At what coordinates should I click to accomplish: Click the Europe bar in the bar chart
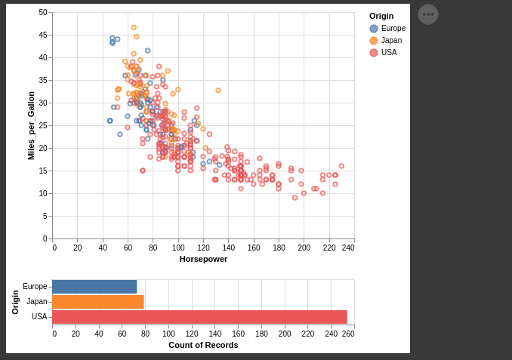[94, 287]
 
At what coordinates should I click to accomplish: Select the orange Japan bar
[98, 302]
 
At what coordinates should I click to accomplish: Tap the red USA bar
[199, 317]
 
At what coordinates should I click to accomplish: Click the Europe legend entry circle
[374, 29]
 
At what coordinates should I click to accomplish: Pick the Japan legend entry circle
[374, 41]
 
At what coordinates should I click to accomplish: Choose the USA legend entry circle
[374, 53]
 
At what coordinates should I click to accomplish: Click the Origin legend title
[381, 16]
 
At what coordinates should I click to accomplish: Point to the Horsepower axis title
[203, 259]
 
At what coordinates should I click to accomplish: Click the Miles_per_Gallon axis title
[31, 125]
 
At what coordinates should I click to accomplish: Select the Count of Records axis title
[203, 345]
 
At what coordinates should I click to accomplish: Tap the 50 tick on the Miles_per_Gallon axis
[43, 13]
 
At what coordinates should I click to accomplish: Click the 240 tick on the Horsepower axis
[348, 248]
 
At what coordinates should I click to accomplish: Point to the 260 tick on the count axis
[348, 334]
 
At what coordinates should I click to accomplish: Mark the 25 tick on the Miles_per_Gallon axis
[43, 125]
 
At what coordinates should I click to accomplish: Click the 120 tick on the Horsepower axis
[203, 248]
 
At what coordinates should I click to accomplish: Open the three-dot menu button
[428, 14]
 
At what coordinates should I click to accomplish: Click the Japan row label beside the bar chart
[37, 302]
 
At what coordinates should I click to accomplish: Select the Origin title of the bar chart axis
[15, 302]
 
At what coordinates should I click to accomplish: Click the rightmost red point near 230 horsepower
[341, 166]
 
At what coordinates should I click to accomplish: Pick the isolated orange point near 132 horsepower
[218, 91]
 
